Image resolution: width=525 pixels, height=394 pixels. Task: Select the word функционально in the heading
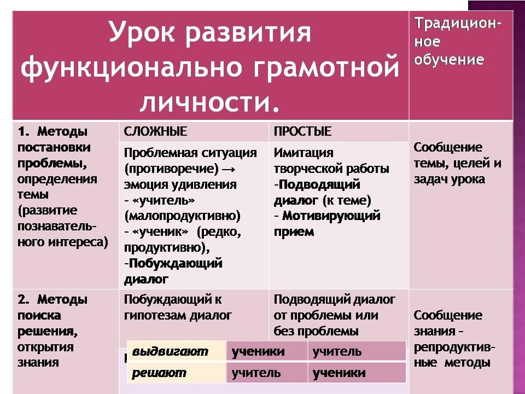coord(131,67)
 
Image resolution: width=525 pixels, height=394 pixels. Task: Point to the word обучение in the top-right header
coord(449,60)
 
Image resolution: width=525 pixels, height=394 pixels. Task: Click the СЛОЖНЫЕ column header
coord(155,131)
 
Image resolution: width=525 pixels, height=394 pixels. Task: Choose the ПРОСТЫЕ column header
coord(302,131)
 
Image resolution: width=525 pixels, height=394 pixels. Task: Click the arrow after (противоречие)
coord(229,169)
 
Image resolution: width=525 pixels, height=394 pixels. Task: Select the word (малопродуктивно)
coord(183,216)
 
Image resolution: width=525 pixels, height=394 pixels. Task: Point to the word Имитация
coord(304,153)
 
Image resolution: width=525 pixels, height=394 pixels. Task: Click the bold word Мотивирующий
coord(331,216)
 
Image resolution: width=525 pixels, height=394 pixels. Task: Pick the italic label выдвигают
coord(170,351)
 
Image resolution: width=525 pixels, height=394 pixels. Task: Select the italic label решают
coord(159,373)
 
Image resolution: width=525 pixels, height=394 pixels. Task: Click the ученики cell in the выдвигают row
coord(258,351)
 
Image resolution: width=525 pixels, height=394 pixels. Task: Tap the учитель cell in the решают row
coord(256,373)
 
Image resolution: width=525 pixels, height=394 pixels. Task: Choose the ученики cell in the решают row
coord(339,373)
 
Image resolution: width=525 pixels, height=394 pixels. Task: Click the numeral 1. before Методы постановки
coord(24,131)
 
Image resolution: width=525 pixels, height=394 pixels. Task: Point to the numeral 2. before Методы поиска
coord(24,299)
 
